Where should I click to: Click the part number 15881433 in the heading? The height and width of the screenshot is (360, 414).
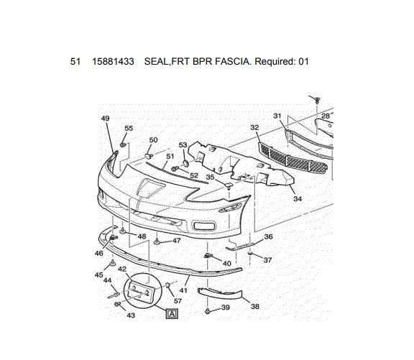coord(112,61)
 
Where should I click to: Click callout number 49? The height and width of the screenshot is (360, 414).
coord(106,119)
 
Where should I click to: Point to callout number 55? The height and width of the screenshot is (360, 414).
coord(129,129)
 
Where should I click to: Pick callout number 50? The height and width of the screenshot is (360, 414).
coord(153,140)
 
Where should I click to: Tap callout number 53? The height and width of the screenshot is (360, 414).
coord(183,146)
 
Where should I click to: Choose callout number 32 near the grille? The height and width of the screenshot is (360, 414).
coord(254,127)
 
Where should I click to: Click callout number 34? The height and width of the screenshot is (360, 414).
coord(297,199)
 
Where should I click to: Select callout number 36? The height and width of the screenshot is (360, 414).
coord(268,236)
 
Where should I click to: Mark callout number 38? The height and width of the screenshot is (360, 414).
coord(254,305)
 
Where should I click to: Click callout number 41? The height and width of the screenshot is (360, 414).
coord(183,291)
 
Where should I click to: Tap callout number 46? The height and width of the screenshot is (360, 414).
coord(99,253)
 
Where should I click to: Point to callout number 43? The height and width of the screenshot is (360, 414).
coord(131,315)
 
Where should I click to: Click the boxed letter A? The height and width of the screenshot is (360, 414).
coord(171,313)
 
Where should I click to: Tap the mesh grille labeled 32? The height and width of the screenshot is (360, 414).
coord(295,160)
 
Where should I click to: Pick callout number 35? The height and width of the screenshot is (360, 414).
coord(210,177)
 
